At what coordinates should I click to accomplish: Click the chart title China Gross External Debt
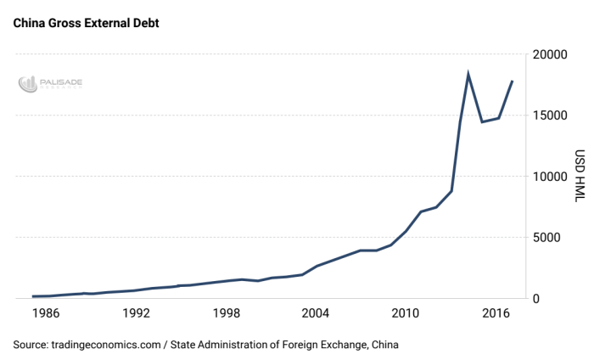click(x=86, y=23)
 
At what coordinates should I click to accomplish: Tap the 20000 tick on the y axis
click(x=548, y=54)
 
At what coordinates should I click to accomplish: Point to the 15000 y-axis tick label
click(x=548, y=115)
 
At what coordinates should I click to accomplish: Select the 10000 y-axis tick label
click(x=548, y=177)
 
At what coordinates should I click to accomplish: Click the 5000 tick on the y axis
click(x=552, y=238)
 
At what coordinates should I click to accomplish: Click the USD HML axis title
click(x=580, y=177)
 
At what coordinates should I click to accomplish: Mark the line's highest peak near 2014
click(x=468, y=75)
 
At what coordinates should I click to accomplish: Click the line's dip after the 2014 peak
click(x=482, y=121)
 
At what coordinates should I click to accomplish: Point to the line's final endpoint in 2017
click(x=513, y=82)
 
